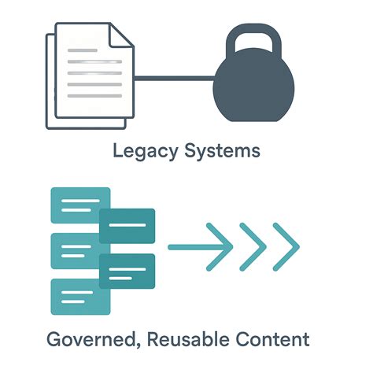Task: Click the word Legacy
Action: coord(139,150)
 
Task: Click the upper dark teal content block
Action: coord(127,226)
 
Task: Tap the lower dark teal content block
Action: coord(127,271)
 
